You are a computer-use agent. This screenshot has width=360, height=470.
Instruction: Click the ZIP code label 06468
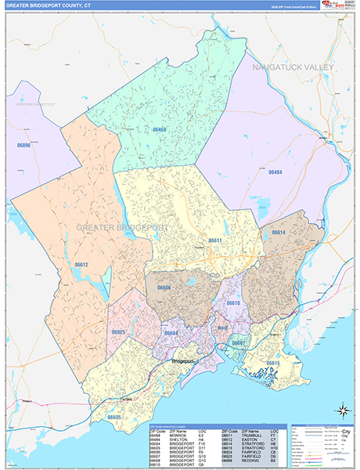[160, 129]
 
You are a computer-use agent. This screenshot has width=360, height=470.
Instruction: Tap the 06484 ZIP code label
[276, 172]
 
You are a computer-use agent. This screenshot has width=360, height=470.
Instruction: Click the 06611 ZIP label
[214, 240]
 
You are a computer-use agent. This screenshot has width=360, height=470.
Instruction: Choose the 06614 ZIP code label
[279, 233]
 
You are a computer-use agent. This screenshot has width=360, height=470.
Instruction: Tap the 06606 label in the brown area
[164, 287]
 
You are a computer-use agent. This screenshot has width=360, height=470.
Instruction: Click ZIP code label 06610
[233, 302]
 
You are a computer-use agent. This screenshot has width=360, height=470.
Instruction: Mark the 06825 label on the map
[118, 332]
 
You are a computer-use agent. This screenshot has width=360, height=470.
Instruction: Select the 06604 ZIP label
[171, 333]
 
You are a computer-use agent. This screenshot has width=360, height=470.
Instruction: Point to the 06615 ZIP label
[272, 363]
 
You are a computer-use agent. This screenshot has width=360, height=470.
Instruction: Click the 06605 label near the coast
[114, 418]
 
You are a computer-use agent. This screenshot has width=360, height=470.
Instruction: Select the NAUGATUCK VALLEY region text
[293, 67]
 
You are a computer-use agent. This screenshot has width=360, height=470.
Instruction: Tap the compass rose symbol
[342, 409]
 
